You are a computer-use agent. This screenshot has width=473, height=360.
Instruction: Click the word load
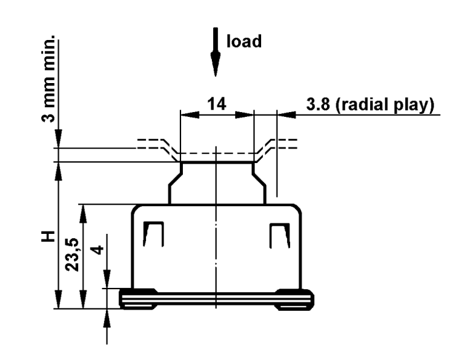click(x=244, y=41)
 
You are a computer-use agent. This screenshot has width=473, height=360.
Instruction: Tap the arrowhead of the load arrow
click(x=216, y=65)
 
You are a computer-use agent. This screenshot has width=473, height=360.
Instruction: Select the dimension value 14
click(x=217, y=104)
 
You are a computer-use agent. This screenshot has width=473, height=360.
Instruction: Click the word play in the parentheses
click(x=412, y=105)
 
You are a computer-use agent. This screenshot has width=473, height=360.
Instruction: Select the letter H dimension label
click(x=48, y=237)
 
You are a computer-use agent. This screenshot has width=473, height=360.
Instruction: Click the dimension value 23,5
click(x=72, y=255)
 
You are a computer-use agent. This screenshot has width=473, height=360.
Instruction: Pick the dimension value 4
click(x=97, y=250)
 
